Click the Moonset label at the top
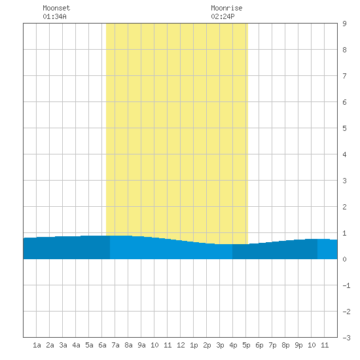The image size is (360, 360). [56, 8]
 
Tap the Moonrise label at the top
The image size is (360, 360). [226, 8]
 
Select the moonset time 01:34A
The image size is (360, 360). [54, 16]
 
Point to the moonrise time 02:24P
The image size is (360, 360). [223, 16]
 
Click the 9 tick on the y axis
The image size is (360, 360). [344, 24]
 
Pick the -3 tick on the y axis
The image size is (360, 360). [346, 338]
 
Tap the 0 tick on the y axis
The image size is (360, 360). [344, 259]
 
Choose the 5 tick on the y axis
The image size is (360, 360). [344, 128]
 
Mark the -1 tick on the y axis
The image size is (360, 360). [346, 285]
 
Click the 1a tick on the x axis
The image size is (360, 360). [37, 345]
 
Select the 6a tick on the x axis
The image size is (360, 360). [102, 345]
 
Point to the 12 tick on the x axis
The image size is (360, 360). [181, 345]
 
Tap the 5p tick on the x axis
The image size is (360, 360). [246, 345]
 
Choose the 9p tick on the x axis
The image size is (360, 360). [298, 345]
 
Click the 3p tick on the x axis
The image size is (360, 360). [220, 345]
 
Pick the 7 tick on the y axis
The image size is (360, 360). [344, 76]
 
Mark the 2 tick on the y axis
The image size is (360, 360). [344, 207]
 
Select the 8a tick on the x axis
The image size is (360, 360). [128, 345]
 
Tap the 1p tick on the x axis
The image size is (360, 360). [194, 345]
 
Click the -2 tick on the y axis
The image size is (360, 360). [346, 312]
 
